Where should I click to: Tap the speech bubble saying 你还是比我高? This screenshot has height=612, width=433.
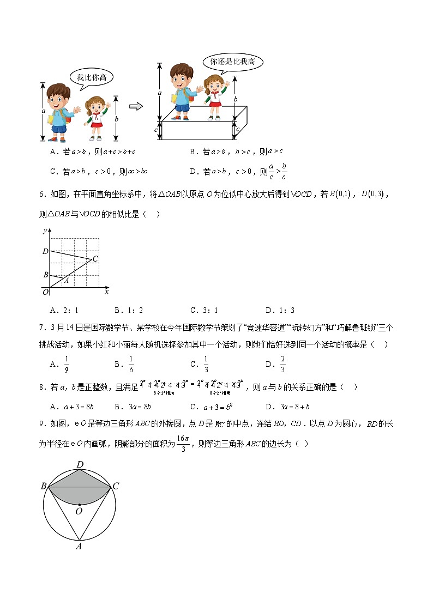[x=232, y=62]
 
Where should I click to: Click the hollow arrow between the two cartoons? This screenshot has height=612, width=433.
[x=136, y=106]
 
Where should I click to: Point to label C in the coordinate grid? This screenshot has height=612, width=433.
[x=95, y=259]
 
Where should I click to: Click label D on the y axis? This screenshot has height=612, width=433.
[x=45, y=251]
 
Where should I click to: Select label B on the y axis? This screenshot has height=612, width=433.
[x=46, y=275]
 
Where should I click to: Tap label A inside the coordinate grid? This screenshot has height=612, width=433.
[x=67, y=281]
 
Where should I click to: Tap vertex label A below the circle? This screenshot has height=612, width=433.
[x=79, y=547]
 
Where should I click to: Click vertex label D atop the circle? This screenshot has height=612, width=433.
[x=80, y=464]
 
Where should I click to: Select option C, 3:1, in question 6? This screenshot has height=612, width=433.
[x=204, y=311]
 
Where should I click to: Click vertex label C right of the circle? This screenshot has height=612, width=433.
[x=116, y=486]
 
